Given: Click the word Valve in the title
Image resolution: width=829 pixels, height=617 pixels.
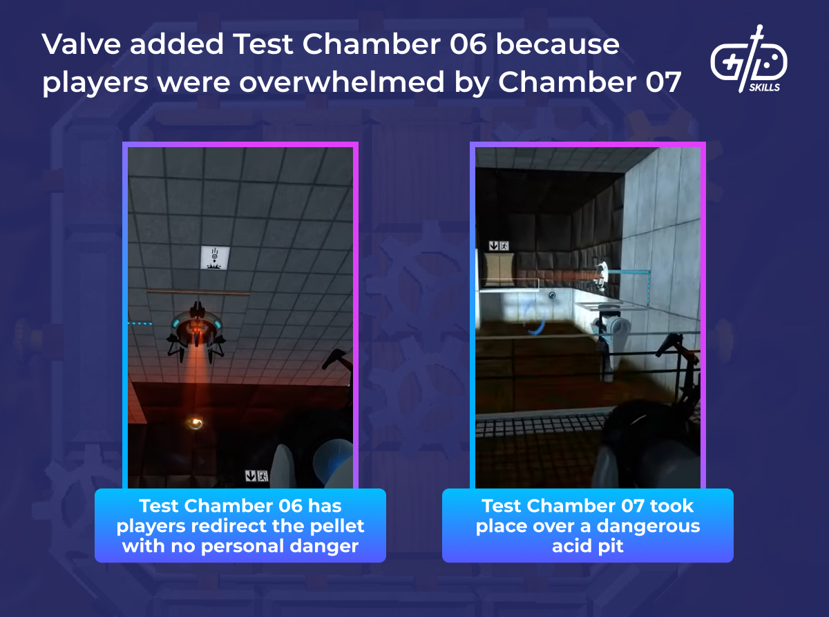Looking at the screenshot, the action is click(81, 44).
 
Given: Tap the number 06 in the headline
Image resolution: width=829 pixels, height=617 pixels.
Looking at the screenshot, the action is click(468, 44).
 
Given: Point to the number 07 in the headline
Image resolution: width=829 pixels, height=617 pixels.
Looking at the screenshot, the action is click(663, 82).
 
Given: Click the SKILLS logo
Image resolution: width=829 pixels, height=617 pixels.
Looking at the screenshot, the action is click(749, 59).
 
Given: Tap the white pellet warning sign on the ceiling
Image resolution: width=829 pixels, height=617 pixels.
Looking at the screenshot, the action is click(215, 257).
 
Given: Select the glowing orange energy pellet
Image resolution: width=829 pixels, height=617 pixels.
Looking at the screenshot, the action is click(195, 423).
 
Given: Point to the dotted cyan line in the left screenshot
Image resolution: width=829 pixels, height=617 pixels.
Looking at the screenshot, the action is click(140, 323).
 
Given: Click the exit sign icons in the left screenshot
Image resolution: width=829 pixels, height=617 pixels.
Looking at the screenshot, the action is click(257, 476).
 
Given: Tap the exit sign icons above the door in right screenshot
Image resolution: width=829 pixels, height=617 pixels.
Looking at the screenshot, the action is click(499, 246).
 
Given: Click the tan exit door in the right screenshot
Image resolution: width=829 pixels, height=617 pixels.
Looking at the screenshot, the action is click(499, 270).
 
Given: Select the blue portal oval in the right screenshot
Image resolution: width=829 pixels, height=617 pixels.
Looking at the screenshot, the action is click(534, 320).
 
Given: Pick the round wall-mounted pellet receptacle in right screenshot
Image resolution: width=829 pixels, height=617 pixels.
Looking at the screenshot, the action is click(601, 276).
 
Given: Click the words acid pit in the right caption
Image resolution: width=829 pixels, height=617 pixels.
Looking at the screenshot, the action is click(587, 546).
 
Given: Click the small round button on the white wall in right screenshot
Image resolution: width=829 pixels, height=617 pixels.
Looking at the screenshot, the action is click(552, 296).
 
